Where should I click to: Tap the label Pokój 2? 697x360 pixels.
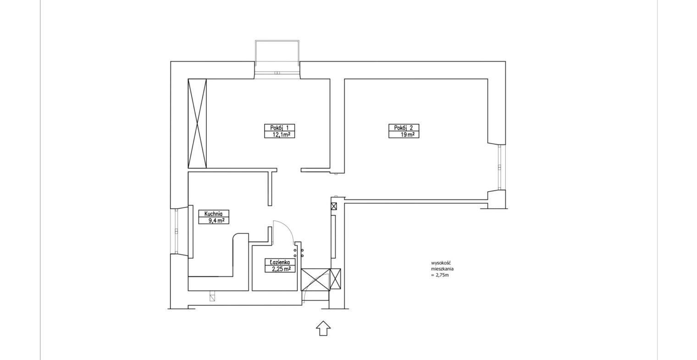403,127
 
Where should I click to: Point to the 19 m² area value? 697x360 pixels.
407,135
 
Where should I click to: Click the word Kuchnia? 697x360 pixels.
213,214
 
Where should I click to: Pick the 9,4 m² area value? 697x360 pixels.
216,221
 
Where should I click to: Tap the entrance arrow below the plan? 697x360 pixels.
323,328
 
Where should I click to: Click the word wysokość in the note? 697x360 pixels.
439,263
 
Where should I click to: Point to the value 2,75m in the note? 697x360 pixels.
442,275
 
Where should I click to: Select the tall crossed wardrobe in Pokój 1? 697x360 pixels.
197,124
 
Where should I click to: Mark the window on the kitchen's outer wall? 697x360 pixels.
177,231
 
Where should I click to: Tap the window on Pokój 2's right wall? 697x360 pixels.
500,167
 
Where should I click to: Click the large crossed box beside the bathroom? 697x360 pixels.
315,279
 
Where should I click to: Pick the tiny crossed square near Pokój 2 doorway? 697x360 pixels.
334,206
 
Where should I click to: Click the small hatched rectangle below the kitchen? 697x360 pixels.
212,296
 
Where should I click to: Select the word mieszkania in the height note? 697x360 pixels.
442,269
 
